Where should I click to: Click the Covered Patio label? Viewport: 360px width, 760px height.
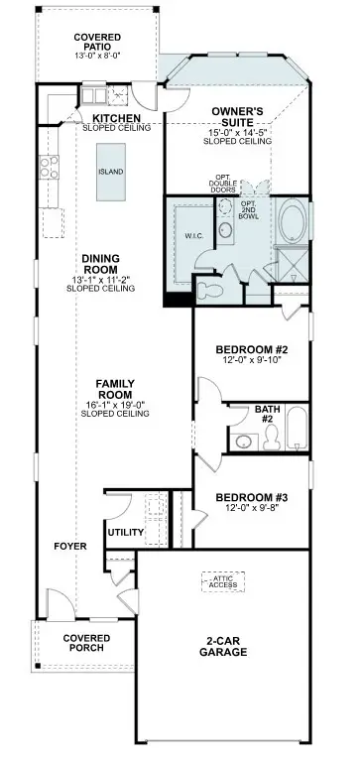(x=98, y=43)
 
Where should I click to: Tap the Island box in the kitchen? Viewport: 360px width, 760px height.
(x=110, y=171)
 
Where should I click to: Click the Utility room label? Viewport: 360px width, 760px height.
(x=127, y=532)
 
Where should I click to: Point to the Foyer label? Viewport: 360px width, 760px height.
(x=70, y=547)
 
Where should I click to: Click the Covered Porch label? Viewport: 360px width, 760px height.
(x=85, y=644)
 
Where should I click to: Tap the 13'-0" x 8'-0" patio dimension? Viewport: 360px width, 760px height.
(x=98, y=55)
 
